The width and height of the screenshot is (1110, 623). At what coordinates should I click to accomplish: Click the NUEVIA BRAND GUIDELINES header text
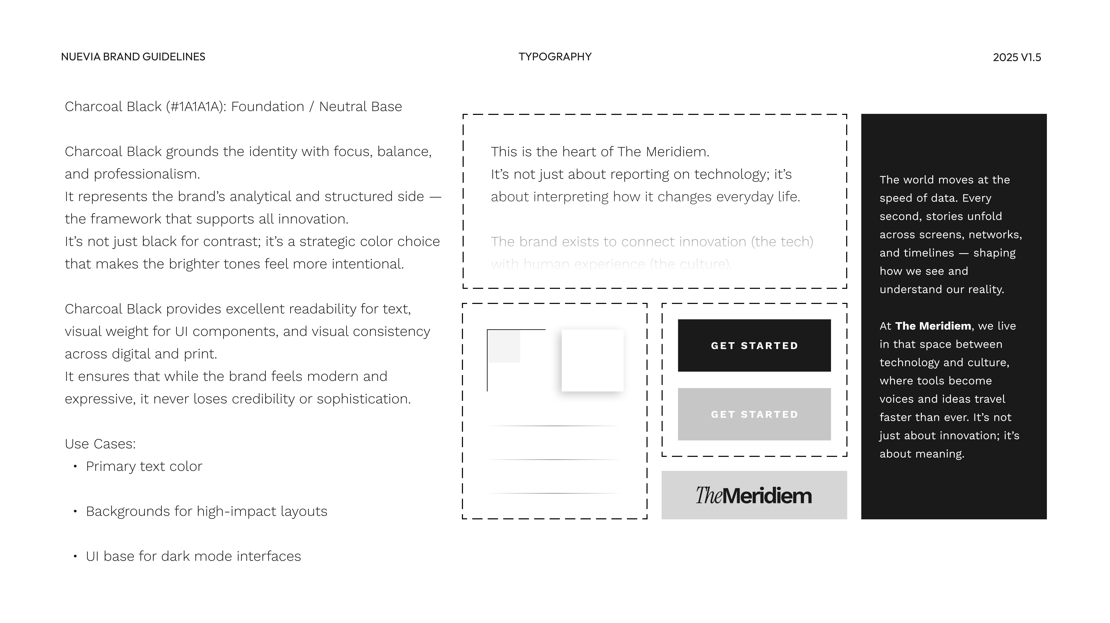[133, 57]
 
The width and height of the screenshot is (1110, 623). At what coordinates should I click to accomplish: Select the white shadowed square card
[593, 360]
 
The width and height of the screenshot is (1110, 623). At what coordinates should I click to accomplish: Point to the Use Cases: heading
[100, 444]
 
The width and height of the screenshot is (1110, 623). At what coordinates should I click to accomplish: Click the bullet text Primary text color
[144, 466]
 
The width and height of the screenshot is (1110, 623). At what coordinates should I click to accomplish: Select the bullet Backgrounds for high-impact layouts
[206, 511]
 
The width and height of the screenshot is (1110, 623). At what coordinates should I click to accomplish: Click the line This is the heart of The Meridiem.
[600, 152]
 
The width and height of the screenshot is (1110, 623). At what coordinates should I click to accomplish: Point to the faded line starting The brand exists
[652, 242]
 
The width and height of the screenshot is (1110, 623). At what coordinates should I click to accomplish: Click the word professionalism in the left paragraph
[147, 174]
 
